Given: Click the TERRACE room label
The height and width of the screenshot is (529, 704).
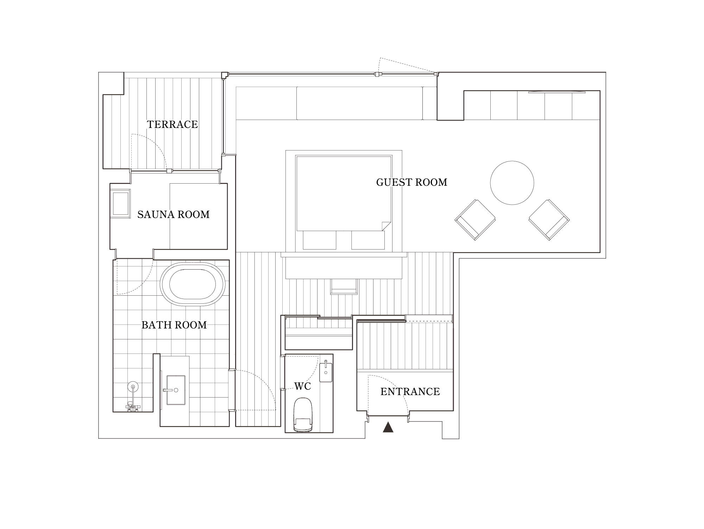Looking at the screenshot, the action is pyautogui.click(x=172, y=124).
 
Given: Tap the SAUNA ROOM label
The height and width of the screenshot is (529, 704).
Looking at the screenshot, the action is pyautogui.click(x=174, y=215).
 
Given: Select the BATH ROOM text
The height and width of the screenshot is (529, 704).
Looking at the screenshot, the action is pyautogui.click(x=174, y=325).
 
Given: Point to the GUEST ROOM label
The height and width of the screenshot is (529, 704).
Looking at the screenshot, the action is pyautogui.click(x=412, y=182).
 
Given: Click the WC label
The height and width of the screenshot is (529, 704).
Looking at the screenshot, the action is pyautogui.click(x=303, y=386).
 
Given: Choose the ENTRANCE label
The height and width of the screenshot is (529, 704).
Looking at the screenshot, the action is pyautogui.click(x=410, y=392).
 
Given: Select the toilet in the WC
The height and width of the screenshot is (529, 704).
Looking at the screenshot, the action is pyautogui.click(x=303, y=415).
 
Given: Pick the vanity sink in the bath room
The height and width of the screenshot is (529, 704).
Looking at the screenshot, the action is pyautogui.click(x=175, y=390).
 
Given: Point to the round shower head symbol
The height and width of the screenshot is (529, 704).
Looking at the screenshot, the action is pyautogui.click(x=133, y=387).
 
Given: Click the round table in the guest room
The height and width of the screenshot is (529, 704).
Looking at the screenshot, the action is pyautogui.click(x=512, y=183).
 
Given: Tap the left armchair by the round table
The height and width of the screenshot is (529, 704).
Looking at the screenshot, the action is pyautogui.click(x=475, y=220).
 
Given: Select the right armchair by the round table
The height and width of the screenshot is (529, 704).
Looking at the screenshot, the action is pyautogui.click(x=549, y=220).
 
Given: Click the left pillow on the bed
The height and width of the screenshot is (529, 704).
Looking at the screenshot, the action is pyautogui.click(x=320, y=240).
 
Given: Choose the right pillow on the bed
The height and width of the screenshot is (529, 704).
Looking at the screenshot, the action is pyautogui.click(x=368, y=240).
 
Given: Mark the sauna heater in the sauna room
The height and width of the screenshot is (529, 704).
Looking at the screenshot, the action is pyautogui.click(x=121, y=204).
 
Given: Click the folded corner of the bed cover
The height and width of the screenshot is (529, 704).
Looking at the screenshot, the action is pyautogui.click(x=386, y=226).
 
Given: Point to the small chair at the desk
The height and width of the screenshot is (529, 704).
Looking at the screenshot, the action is pyautogui.click(x=344, y=286).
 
